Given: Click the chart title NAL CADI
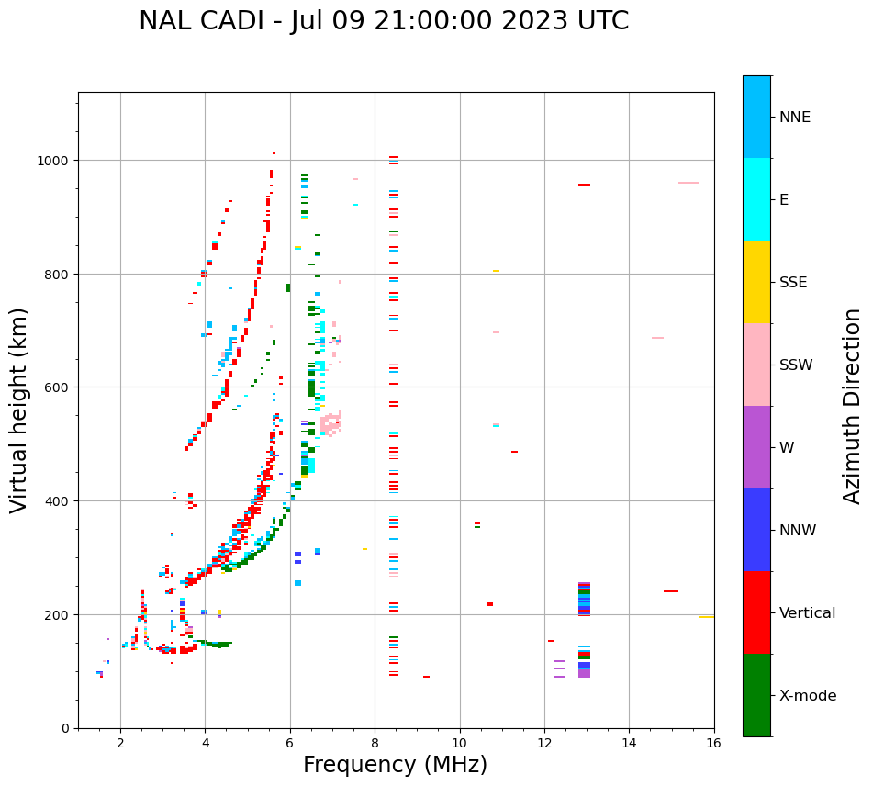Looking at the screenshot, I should [x=384, y=21].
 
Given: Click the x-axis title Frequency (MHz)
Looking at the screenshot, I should [x=395, y=765].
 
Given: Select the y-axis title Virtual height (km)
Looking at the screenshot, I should [x=19, y=410].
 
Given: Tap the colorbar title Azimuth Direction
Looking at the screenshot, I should [x=853, y=406].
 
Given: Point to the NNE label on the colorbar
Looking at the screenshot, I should [x=795, y=117].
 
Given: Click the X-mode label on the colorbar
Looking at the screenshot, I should [x=808, y=696].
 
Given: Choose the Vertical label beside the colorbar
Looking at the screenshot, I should [x=808, y=613].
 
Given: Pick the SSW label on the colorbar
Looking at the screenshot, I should [x=796, y=365].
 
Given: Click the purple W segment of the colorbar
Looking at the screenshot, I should [x=756, y=447].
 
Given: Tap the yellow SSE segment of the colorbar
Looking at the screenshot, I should [x=756, y=282].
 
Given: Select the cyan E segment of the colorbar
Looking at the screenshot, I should [x=756, y=199].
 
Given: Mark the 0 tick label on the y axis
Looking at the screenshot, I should [x=65, y=728].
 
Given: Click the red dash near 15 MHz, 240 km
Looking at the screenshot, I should [x=671, y=591].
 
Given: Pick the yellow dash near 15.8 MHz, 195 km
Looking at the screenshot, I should [x=706, y=617].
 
